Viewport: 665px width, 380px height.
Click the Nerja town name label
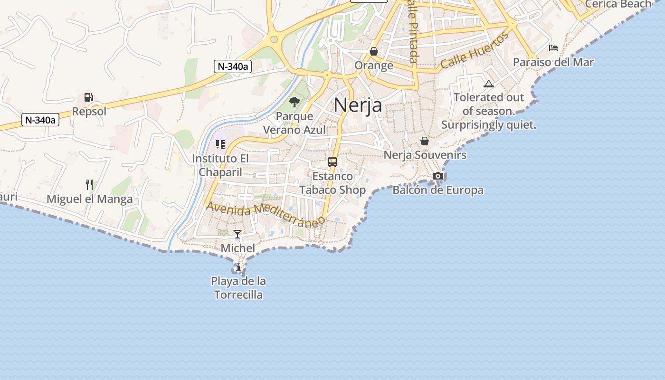pos(358,105)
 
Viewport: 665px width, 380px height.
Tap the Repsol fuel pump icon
pos(89,97)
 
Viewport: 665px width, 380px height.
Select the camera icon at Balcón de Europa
pos(438,176)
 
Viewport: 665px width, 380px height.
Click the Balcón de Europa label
pos(438,190)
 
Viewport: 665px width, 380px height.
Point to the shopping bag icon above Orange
pos(374,51)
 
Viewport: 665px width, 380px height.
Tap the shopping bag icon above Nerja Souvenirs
pos(425,141)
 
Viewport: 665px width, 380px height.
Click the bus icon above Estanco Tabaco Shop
pos(332,162)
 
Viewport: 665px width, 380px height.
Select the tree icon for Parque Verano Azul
pos(294,102)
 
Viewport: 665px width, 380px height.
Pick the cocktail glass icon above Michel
pos(237,234)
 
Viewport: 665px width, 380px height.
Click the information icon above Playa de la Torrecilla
pos(238,267)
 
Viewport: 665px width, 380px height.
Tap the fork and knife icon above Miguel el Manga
pos(89,185)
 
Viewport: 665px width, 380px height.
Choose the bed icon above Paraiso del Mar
pos(553,48)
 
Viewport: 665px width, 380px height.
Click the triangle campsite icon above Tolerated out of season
pos(489,84)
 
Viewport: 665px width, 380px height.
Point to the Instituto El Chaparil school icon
pos(220,144)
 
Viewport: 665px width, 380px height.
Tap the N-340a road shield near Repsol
pos(40,120)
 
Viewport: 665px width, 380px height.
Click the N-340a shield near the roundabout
pos(232,66)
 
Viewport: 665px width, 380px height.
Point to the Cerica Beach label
pos(618,4)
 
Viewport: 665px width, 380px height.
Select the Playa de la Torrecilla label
pos(238,288)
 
